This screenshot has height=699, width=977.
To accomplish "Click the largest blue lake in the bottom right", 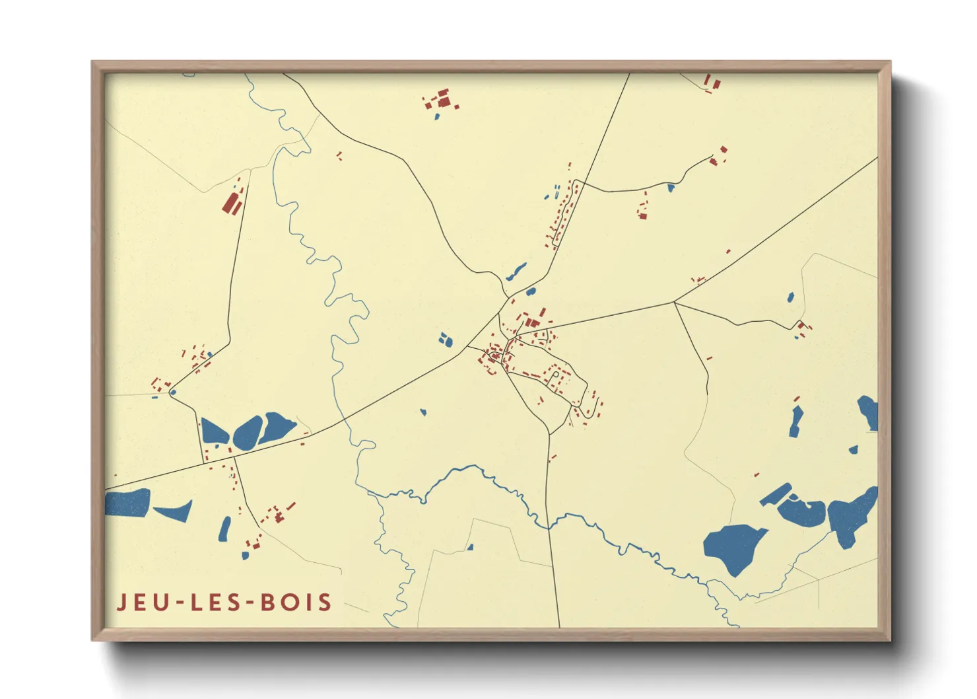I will point(733,547).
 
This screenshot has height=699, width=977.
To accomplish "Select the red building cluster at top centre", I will point(442,100).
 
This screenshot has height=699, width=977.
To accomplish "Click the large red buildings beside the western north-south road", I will point(232,202).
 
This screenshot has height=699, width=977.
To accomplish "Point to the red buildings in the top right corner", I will point(712,82).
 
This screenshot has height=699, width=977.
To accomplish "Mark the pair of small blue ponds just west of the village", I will point(446,340).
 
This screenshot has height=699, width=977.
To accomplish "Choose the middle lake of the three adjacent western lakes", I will point(248,433).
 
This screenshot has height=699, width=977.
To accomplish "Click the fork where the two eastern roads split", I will point(674,303).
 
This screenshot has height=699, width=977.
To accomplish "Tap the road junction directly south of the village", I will point(549,434).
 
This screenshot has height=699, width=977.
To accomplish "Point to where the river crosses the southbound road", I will point(548,525).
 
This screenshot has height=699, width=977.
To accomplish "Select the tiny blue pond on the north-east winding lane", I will point(671,188).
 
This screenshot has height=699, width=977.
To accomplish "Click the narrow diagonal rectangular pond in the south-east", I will point(775,494).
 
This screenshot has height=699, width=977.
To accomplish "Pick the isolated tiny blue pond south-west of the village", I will point(423,412).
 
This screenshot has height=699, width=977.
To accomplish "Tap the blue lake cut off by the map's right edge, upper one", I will point(868,412).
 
